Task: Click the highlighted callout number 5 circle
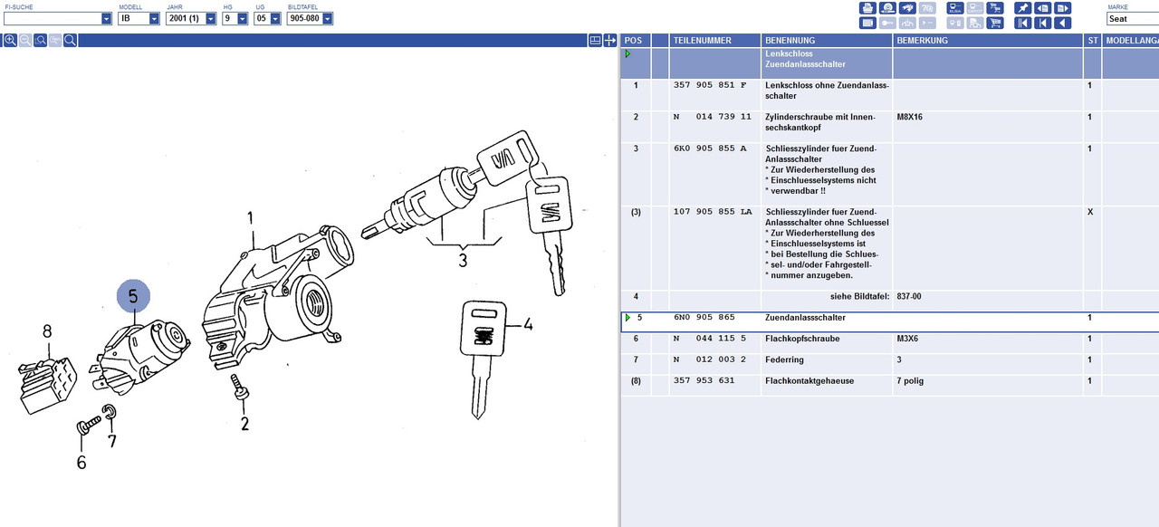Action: (133, 296)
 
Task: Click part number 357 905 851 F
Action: (710, 85)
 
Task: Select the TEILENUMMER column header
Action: (702, 41)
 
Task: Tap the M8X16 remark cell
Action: (910, 117)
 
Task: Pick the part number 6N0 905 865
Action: (704, 317)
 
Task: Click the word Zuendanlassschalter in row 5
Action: (805, 318)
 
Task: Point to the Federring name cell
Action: (784, 359)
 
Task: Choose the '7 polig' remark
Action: (910, 381)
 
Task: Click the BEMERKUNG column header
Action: (922, 41)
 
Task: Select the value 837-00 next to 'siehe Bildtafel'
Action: (909, 297)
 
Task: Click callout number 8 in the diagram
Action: (47, 331)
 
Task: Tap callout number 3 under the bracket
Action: (463, 260)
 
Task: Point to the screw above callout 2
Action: (239, 388)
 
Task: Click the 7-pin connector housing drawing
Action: (48, 384)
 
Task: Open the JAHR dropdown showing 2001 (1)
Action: (191, 19)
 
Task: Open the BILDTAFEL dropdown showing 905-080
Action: (310, 19)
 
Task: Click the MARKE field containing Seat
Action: (1133, 19)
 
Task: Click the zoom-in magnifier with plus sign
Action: (10, 41)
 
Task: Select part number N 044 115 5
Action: (710, 339)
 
